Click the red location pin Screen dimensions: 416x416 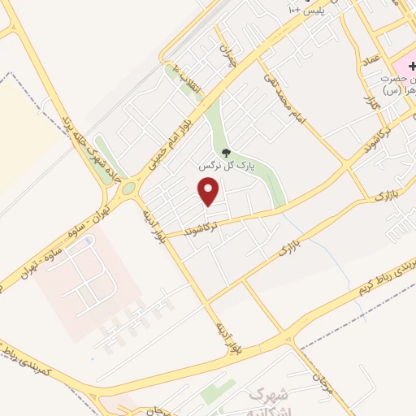click(210, 191)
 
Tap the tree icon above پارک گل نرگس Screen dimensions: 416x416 click(227, 152)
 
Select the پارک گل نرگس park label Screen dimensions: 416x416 click(225, 165)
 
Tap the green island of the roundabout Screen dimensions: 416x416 click(128, 189)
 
